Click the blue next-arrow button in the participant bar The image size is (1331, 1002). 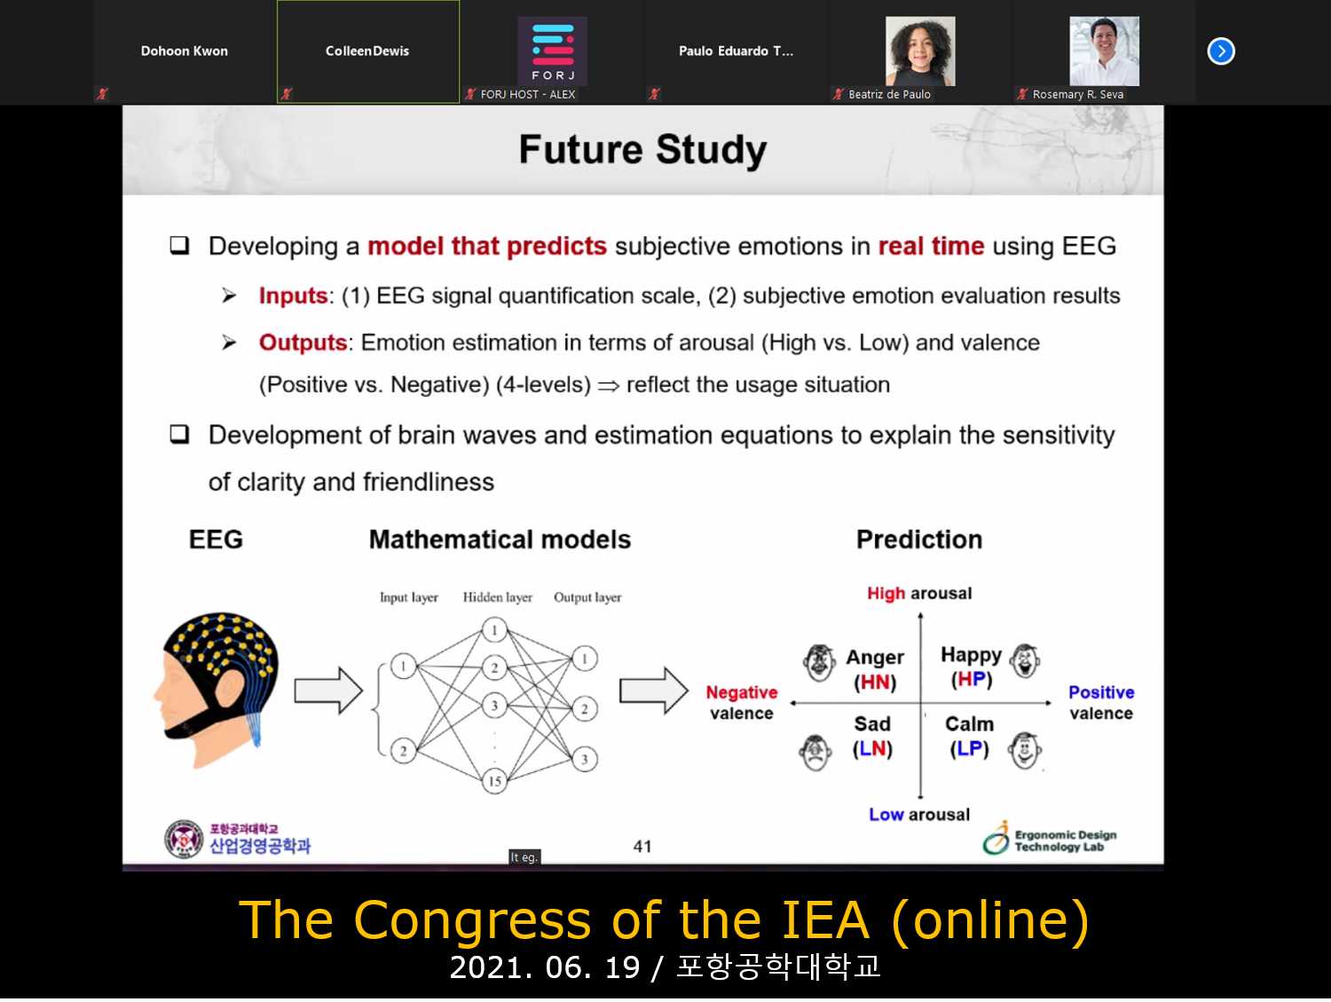click(1221, 51)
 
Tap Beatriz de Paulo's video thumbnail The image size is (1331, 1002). click(920, 51)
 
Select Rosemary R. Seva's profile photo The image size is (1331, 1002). click(1104, 51)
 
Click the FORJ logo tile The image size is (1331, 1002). click(552, 51)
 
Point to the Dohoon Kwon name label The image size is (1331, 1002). click(185, 51)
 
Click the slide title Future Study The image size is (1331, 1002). click(642, 149)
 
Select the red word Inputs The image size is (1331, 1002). click(293, 296)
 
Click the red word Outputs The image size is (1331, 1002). click(303, 343)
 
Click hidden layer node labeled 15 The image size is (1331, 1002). click(494, 781)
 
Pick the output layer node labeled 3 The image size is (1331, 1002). click(584, 759)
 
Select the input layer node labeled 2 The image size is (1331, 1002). click(403, 751)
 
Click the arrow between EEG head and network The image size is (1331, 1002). click(328, 690)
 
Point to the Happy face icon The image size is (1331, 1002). click(1025, 660)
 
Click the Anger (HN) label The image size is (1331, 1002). click(875, 669)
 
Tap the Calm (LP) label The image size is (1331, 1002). click(969, 736)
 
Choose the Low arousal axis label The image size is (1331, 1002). click(919, 814)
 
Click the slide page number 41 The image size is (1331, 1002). click(642, 847)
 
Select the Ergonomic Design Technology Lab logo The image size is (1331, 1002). click(1050, 838)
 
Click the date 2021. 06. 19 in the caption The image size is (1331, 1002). click(544, 967)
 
